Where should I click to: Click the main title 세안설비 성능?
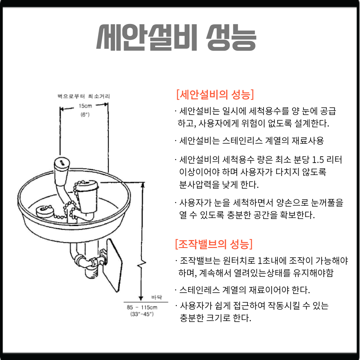point(176,37)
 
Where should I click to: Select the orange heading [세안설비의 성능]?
point(215,94)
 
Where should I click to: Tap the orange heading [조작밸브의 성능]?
point(214,244)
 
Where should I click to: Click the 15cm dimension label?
point(85,106)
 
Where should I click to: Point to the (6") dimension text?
point(85,114)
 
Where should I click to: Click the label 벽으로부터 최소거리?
point(84,96)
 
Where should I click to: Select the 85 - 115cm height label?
point(142,307)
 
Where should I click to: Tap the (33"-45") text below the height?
point(142,314)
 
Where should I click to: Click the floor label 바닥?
point(157,297)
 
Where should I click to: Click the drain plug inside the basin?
point(45,212)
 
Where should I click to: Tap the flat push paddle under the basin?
point(112,265)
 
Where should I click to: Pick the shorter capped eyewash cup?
point(87,197)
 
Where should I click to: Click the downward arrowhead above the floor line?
point(141,298)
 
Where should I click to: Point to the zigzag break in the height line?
point(142,264)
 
